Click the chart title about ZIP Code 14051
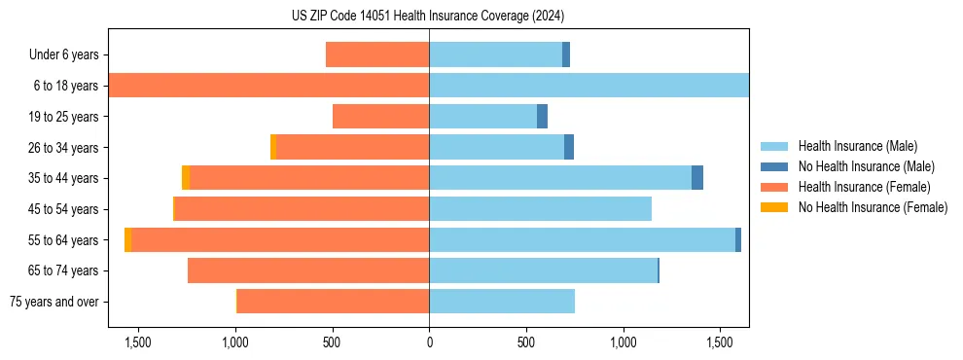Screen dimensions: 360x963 pyautogui.click(x=428, y=16)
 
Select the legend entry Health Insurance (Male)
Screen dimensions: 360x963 pyautogui.click(x=857, y=146)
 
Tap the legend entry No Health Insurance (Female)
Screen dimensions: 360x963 pyautogui.click(x=873, y=207)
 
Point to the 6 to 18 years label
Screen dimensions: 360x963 pyautogui.click(x=65, y=86)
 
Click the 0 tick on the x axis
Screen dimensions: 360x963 pyautogui.click(x=429, y=342)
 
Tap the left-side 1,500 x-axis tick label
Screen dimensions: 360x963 pyautogui.click(x=138, y=342)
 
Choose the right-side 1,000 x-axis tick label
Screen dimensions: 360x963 pyautogui.click(x=623, y=342)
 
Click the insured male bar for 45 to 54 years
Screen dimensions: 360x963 pyautogui.click(x=540, y=209)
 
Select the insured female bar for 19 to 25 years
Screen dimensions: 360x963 pyautogui.click(x=381, y=117)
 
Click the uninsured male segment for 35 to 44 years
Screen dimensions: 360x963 pyautogui.click(x=697, y=178)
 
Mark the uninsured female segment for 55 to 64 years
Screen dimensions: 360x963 pyautogui.click(x=127, y=240)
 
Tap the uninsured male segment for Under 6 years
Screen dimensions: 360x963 pyautogui.click(x=566, y=54)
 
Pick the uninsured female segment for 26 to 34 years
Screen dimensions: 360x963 pyautogui.click(x=273, y=147)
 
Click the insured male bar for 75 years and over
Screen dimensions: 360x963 pyautogui.click(x=502, y=302)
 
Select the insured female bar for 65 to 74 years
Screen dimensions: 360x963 pyautogui.click(x=308, y=270)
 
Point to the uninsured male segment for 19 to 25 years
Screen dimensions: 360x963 pyautogui.click(x=543, y=117)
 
